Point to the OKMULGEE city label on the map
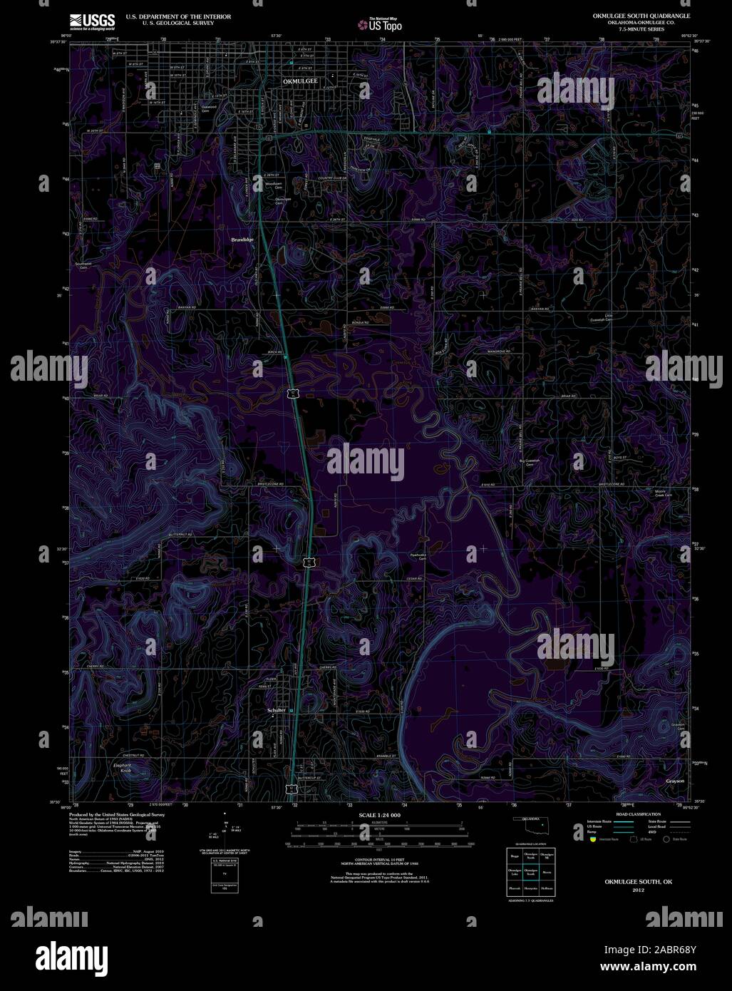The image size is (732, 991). [x=300, y=82]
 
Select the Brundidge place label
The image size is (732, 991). [x=242, y=240]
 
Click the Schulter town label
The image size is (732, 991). [x=276, y=710]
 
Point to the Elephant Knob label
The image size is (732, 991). [x=123, y=768]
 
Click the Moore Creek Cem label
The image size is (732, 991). [x=664, y=493]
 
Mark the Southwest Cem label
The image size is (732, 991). [x=83, y=266]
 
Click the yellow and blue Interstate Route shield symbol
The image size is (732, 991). [x=591, y=840]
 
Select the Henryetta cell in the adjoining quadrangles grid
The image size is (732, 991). [x=530, y=888]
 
